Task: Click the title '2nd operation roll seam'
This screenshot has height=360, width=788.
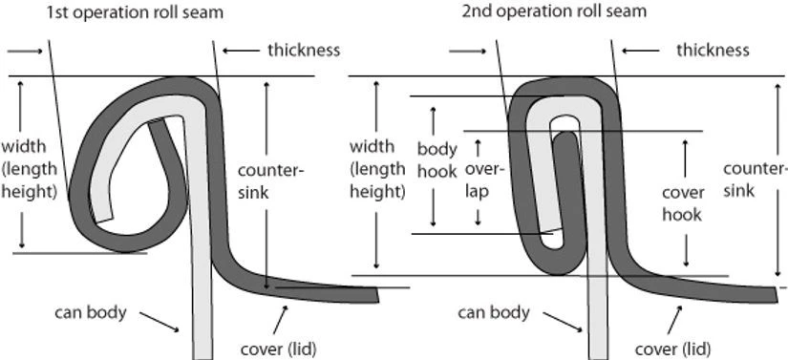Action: point(553,11)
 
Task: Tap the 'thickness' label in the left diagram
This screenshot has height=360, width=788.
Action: point(303,50)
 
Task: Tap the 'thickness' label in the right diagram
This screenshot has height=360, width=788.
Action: point(713,50)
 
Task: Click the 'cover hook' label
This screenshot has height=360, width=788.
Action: point(682,202)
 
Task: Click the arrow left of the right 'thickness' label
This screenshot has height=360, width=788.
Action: point(640,50)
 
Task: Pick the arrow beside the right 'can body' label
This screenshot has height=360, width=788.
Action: point(567,325)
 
